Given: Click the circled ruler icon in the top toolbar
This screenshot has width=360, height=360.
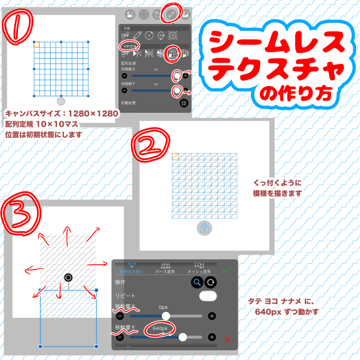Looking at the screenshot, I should [x=171, y=13].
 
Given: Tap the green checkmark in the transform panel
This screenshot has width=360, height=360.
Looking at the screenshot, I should [x=227, y=269].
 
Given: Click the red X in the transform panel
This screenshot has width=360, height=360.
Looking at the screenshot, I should [x=228, y=340].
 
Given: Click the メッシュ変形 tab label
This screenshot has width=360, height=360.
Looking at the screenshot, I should [x=199, y=272].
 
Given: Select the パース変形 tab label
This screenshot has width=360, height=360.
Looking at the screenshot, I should [x=167, y=272].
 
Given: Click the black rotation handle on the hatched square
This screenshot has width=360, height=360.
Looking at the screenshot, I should [x=68, y=277].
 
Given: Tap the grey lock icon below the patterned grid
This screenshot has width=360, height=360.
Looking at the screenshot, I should [x=204, y=228].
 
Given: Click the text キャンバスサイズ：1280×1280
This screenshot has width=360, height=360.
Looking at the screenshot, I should [x=62, y=113].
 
